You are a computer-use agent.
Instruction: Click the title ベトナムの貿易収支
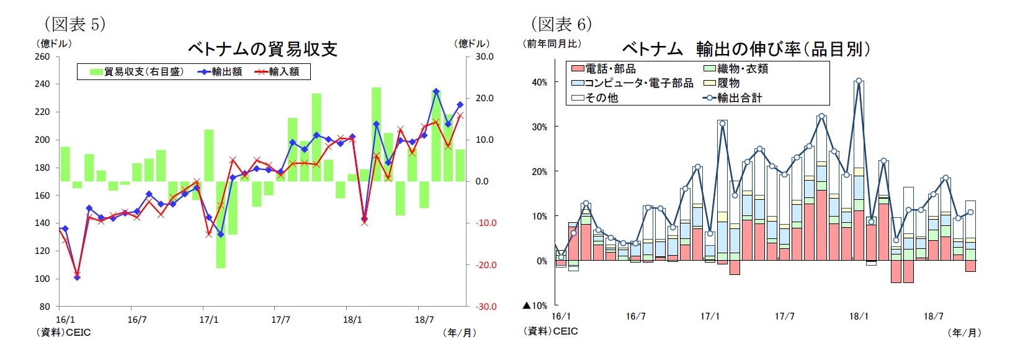pos(262,49)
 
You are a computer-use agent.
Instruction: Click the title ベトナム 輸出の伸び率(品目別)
pos(746,49)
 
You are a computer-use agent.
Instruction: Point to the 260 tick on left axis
pos(42,56)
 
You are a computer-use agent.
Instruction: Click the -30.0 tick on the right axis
pos(485,307)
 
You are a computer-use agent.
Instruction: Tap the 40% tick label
pos(539,82)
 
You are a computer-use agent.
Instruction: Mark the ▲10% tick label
pos(535,305)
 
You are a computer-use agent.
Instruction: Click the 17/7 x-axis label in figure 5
pos(280,320)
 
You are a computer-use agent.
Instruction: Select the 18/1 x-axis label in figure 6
pos(859,316)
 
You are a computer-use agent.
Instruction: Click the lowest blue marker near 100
pos(77,277)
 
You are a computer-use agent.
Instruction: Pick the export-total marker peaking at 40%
pos(859,81)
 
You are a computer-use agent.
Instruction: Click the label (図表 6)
pos(561,24)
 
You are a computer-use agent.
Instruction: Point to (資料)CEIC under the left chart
pos(64,332)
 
